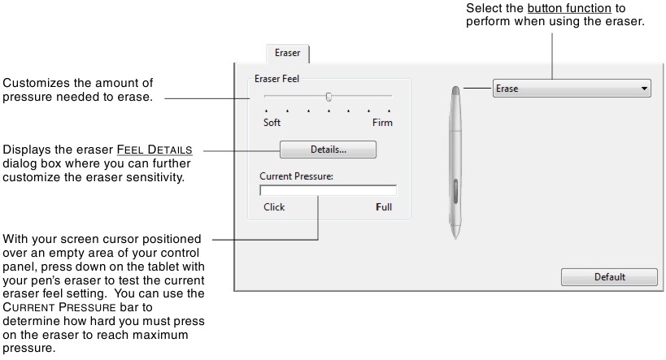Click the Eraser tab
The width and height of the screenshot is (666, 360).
[x=287, y=54]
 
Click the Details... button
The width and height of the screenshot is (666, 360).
[x=328, y=150]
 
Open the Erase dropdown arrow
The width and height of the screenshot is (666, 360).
[x=644, y=89]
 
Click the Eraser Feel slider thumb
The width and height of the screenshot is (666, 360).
[x=329, y=96]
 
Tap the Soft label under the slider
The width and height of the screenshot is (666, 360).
[x=272, y=124]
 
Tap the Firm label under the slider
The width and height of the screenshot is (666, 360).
[x=382, y=124]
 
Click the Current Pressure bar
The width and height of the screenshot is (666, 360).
[x=328, y=191]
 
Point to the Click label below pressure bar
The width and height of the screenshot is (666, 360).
[x=274, y=207]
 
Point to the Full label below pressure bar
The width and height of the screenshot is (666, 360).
[x=384, y=207]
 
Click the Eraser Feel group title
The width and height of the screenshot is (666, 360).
[x=278, y=78]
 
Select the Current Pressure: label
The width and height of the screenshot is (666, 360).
[x=297, y=176]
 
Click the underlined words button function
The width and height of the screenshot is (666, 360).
[x=560, y=8]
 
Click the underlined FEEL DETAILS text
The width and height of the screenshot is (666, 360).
[x=155, y=150]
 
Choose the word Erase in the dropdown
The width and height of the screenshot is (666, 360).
[x=507, y=89]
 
